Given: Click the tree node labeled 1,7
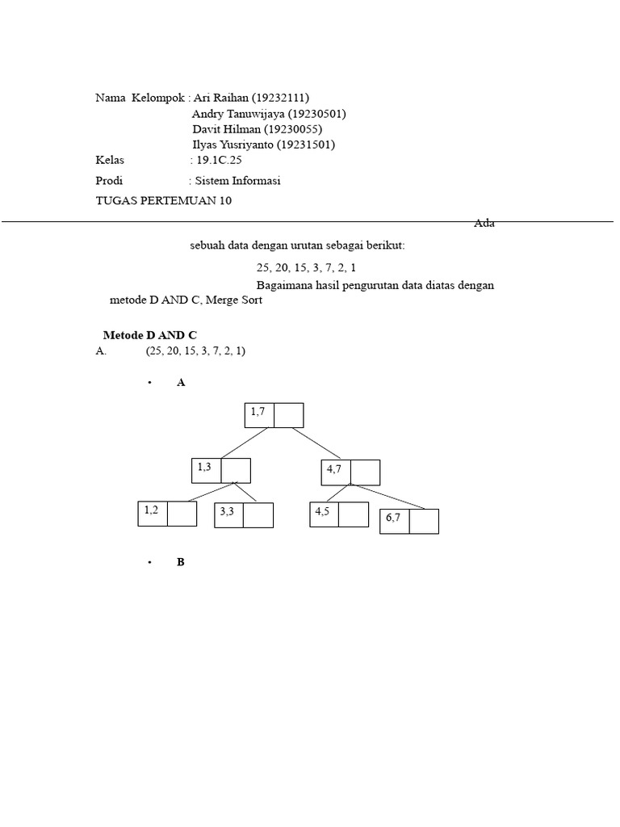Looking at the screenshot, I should click(x=274, y=415).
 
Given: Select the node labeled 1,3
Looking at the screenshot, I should click(x=221, y=471).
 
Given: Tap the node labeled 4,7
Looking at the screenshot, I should click(x=350, y=472).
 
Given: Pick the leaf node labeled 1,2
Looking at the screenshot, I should click(x=167, y=514).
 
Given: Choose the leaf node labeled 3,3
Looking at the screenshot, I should click(x=244, y=515).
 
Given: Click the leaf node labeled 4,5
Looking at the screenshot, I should click(x=339, y=514).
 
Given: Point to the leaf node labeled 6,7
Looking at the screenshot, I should click(x=409, y=522).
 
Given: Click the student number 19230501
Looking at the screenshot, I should click(x=316, y=114).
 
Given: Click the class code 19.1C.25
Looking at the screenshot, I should click(x=219, y=161).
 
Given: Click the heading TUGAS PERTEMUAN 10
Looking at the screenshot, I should click(x=163, y=200).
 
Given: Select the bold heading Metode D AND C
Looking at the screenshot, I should click(x=150, y=334).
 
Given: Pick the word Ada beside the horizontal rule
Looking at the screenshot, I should click(x=484, y=224).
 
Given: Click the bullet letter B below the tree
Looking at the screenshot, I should click(x=181, y=562).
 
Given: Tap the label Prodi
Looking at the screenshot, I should click(x=109, y=181).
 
